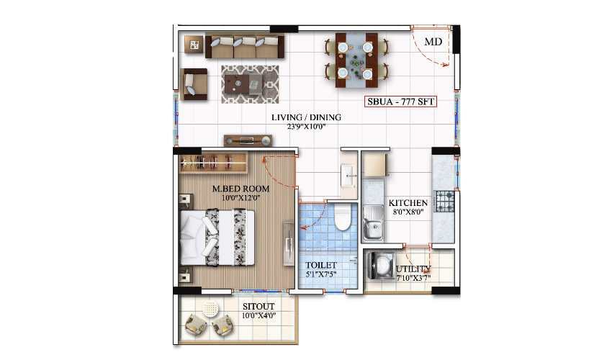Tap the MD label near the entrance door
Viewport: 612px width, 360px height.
(433, 42)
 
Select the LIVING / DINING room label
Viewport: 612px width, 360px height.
(306, 117)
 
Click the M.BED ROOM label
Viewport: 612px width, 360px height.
(240, 189)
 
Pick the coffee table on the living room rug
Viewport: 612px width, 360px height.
(249, 85)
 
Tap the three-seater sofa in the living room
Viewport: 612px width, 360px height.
(245, 47)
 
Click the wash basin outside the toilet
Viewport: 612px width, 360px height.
(348, 175)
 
